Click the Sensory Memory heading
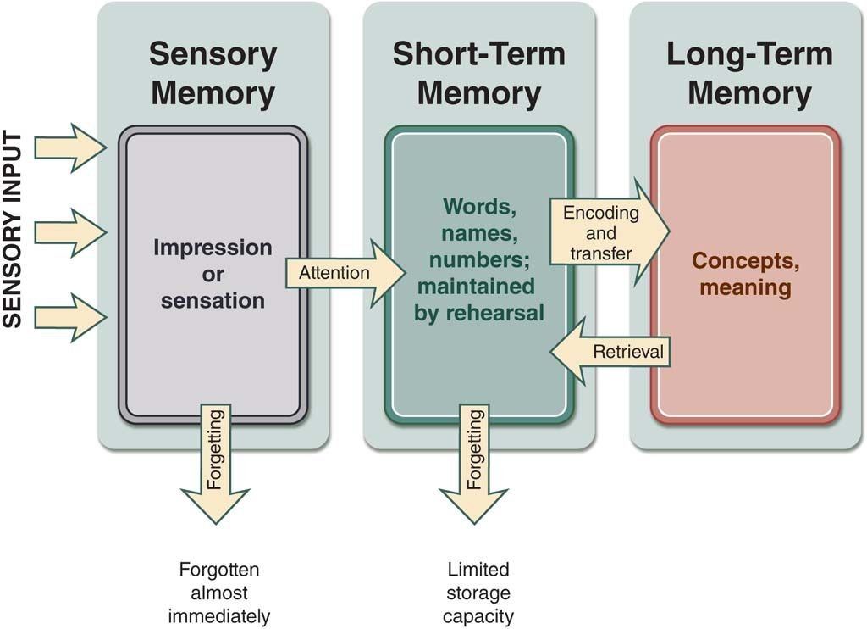tap(213, 74)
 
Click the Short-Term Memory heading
tap(478, 74)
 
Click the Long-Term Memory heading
tap(748, 74)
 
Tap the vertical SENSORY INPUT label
tap(13, 230)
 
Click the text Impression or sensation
tap(213, 274)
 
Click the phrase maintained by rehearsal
tap(478, 299)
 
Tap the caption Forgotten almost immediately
tap(218, 593)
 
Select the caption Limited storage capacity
tap(479, 593)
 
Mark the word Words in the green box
tap(479, 206)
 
